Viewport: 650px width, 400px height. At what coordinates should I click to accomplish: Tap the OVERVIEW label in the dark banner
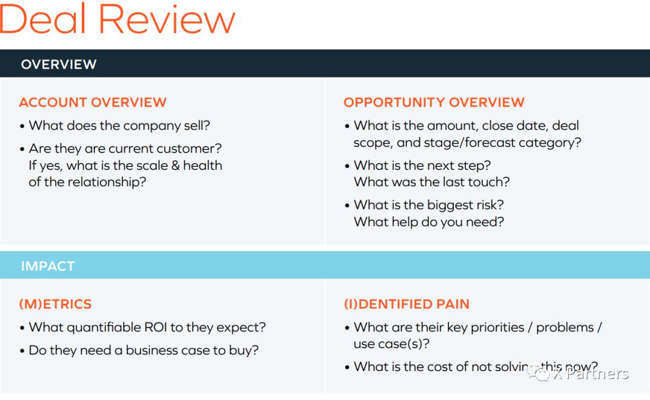point(58,64)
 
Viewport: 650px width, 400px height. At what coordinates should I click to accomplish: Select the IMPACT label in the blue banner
point(48,266)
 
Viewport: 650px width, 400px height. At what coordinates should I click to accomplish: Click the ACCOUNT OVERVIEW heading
point(93,102)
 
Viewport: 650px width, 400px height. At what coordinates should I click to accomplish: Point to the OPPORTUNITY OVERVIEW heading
point(434,102)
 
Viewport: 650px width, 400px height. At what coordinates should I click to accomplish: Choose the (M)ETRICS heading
point(55,304)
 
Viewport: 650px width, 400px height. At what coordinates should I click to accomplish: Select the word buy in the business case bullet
point(245,350)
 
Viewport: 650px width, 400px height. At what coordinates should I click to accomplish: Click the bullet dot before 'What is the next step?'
point(347,166)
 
